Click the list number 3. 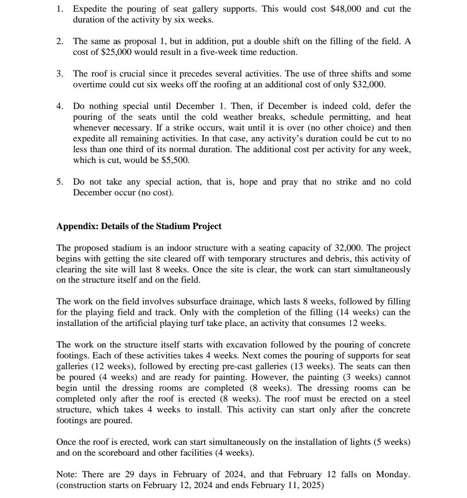(60, 74)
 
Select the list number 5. (60, 182)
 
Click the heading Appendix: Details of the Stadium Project (139, 227)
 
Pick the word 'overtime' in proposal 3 (89, 85)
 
